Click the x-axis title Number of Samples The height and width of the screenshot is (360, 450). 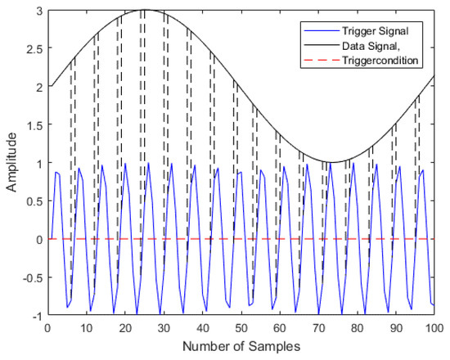pos(241,347)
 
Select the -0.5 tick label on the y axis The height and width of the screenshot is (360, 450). pos(29,277)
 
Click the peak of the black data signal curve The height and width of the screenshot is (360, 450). pos(145,10)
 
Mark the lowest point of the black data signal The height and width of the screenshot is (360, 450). pos(338,162)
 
